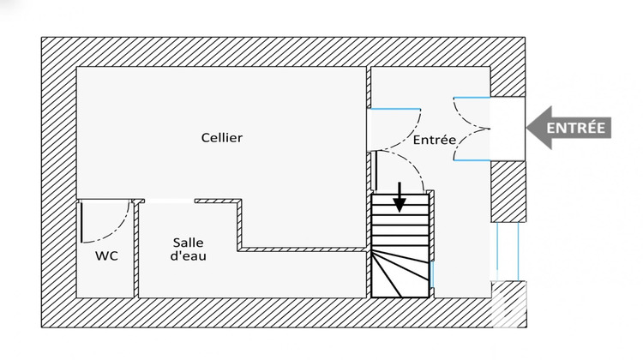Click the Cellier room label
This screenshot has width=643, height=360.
pyautogui.click(x=222, y=137)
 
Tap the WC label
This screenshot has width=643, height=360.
pyautogui.click(x=106, y=255)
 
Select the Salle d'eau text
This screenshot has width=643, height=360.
pyautogui.click(x=189, y=249)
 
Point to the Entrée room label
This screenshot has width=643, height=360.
pyautogui.click(x=434, y=140)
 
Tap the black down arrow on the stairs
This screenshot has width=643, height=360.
pyautogui.click(x=400, y=198)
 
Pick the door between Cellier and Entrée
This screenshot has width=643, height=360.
pyautogui.click(x=396, y=120)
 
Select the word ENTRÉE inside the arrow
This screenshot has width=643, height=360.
pyautogui.click(x=576, y=129)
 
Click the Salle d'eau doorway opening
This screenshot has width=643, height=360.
pyautogui.click(x=169, y=201)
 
